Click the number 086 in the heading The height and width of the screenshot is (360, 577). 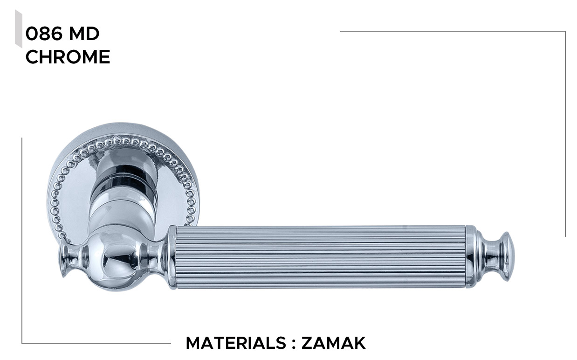(44, 34)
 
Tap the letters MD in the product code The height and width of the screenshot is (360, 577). (84, 34)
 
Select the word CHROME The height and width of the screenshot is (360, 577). (68, 57)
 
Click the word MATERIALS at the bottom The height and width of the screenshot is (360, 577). (236, 343)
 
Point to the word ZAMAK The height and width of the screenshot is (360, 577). (334, 343)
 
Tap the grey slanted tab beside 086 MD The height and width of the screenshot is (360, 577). (19, 29)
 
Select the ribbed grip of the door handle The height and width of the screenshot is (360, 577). (321, 257)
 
